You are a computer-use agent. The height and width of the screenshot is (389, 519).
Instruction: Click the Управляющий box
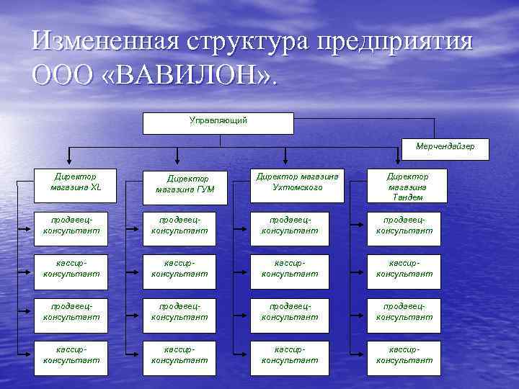click(218, 122)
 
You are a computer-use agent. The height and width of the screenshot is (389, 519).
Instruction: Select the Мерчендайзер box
click(445, 148)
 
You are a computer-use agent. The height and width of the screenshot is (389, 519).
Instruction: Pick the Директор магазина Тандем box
click(407, 186)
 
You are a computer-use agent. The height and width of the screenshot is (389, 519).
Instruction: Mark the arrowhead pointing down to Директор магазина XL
click(69, 162)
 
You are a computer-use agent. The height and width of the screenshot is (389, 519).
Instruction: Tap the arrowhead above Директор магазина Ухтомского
click(287, 162)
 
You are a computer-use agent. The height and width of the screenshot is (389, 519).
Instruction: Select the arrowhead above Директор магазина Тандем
click(399, 162)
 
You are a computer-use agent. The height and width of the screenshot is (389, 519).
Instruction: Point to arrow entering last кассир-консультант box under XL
click(30, 354)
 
